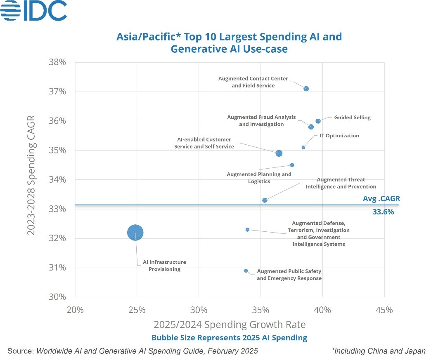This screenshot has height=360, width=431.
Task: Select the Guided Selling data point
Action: click(318, 121)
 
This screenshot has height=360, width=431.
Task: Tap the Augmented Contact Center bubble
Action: click(306, 89)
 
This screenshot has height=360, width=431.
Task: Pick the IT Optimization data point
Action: click(303, 147)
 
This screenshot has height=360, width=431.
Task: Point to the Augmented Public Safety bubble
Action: click(246, 271)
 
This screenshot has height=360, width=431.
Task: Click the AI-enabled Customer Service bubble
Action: click(279, 153)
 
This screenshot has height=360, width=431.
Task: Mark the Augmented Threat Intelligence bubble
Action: click(265, 200)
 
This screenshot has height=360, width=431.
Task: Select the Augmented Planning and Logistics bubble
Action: click(292, 165)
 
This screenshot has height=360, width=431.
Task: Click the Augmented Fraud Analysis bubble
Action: click(311, 127)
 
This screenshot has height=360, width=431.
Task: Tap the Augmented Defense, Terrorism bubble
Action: click(247, 230)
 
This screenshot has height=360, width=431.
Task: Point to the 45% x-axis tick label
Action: click(384, 310)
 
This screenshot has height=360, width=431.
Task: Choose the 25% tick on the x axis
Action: click(137, 310)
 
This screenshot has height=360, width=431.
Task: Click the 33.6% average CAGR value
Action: click(383, 212)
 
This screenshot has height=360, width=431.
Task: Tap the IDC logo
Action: click(34, 11)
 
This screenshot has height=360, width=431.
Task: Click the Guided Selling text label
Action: click(352, 118)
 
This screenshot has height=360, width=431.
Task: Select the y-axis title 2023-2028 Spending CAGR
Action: click(31, 175)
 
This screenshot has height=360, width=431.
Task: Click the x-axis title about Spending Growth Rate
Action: click(230, 325)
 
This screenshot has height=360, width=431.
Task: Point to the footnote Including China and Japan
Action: click(378, 351)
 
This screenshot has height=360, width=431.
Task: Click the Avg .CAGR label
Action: click(381, 199)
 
